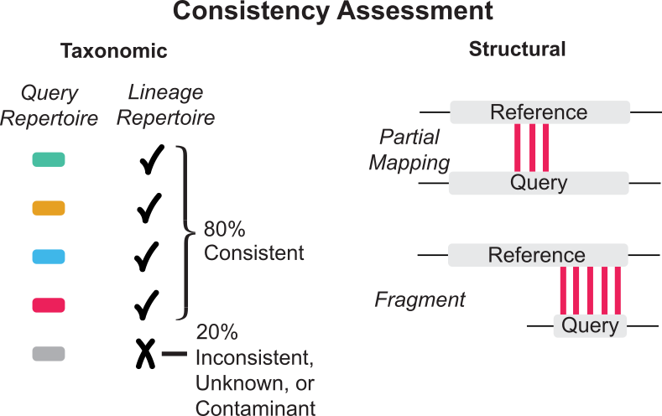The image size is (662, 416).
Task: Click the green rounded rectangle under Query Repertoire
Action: (49, 159)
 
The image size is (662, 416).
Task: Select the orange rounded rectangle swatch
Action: (49, 208)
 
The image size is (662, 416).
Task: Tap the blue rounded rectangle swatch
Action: (49, 257)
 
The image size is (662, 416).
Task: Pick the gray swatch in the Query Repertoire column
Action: (49, 354)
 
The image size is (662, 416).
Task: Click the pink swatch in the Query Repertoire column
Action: (49, 305)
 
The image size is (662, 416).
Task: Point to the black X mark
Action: (145, 354)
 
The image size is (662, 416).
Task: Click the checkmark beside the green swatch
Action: (152, 159)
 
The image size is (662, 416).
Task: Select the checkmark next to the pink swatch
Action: (147, 304)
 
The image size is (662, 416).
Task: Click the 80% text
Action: (224, 229)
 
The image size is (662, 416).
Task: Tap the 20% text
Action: (216, 332)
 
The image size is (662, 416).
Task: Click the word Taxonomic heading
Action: (114, 50)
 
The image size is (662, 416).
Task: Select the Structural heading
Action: (517, 49)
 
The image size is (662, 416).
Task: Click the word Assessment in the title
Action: (415, 11)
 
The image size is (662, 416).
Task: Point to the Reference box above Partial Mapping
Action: (540, 112)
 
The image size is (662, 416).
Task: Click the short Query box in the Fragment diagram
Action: (590, 325)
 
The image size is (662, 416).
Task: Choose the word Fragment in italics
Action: (420, 300)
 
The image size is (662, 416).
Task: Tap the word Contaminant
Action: (255, 408)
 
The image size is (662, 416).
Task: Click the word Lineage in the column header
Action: (165, 92)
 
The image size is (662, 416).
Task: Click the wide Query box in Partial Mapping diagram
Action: (539, 183)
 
